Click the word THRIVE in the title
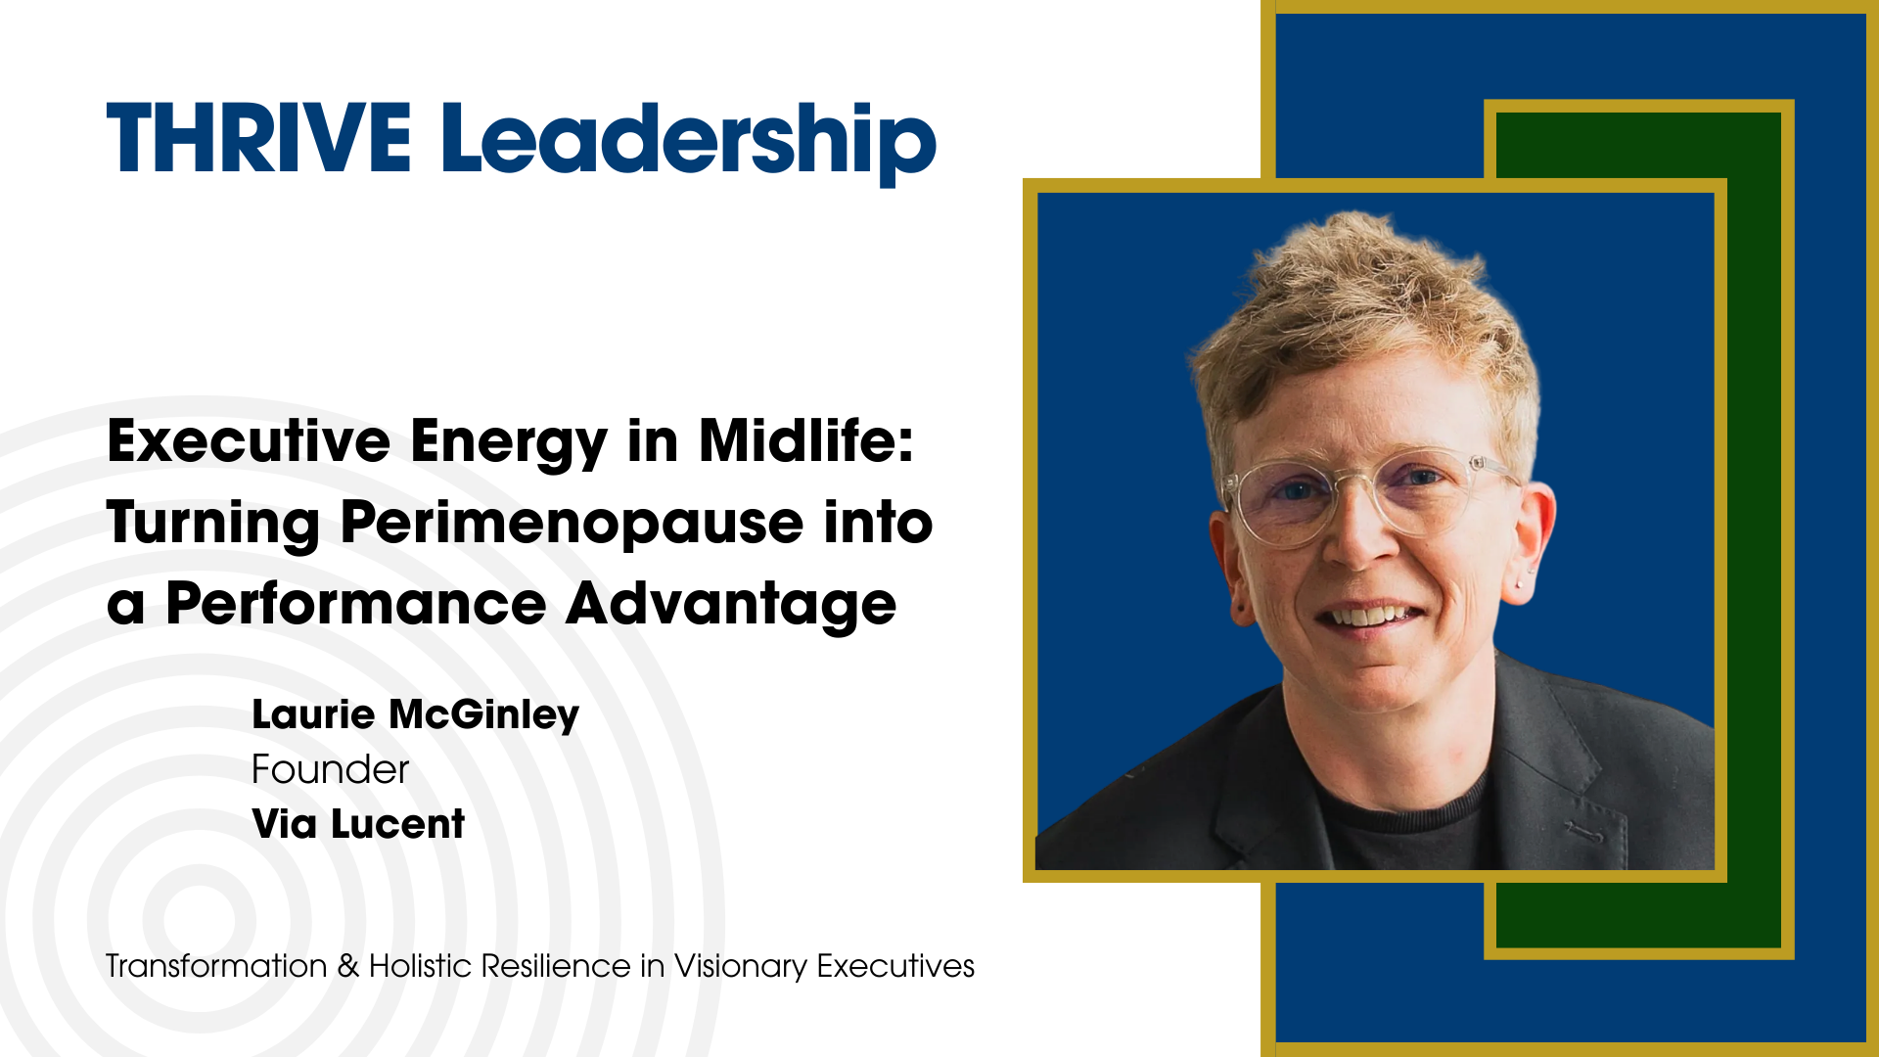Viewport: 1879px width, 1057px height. point(258,138)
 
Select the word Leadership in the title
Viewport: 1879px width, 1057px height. point(688,143)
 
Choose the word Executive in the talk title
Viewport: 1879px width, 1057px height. point(249,441)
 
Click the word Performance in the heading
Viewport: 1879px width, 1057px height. point(355,604)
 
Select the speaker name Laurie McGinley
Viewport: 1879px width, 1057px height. point(415,715)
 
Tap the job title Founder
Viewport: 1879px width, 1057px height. point(330,770)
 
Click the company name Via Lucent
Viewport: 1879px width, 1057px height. point(358,824)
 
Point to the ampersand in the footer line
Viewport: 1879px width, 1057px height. point(348,966)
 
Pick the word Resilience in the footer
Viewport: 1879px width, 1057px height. point(556,966)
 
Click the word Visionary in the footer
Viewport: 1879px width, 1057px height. point(741,967)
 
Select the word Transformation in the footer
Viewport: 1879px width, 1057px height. point(216,966)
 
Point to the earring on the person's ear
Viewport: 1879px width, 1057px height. point(1521,581)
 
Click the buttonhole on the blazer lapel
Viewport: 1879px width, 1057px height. point(1582,833)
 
